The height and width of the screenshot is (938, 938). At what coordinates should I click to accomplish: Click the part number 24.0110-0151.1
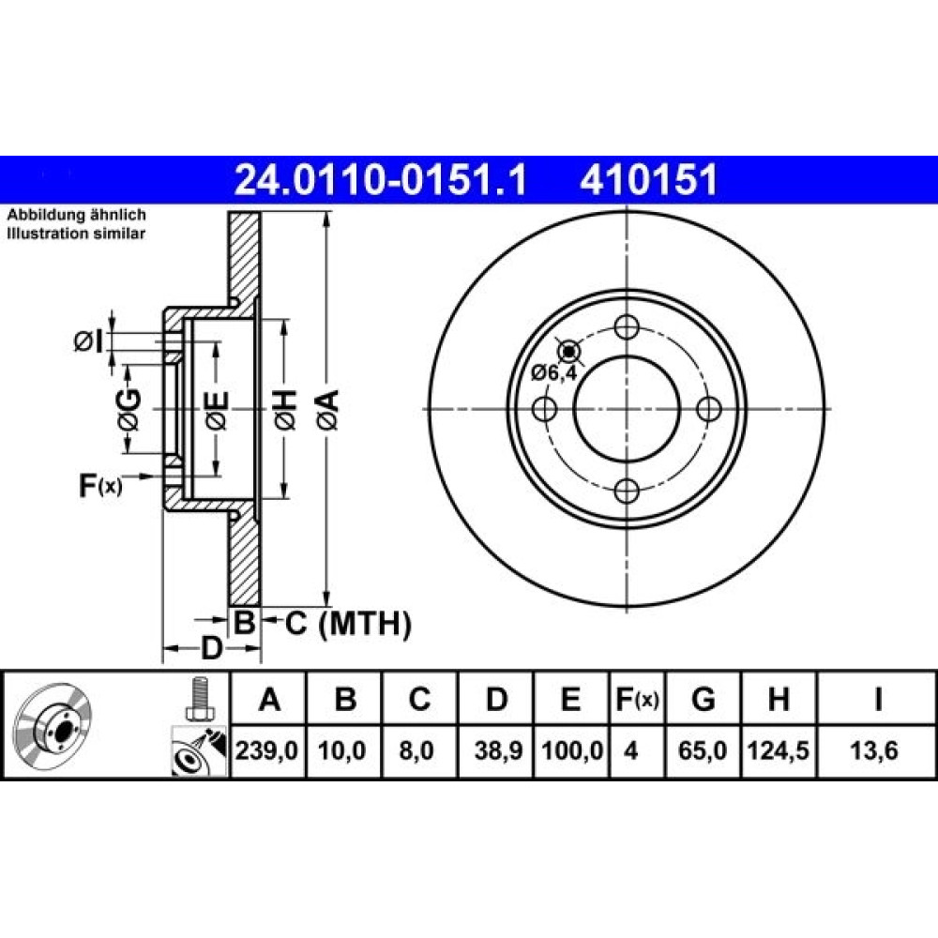[381, 179]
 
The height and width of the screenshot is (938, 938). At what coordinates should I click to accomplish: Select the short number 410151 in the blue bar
[648, 179]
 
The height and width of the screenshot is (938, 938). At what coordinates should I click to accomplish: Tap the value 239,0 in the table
[266, 750]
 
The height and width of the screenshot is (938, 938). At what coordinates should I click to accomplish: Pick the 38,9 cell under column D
[498, 750]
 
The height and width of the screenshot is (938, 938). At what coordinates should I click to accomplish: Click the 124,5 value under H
[779, 750]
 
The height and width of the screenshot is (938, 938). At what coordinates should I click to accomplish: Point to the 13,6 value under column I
[874, 750]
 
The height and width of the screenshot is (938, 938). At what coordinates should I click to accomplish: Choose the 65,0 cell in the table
[703, 750]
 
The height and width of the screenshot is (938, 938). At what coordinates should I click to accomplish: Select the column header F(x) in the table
[637, 700]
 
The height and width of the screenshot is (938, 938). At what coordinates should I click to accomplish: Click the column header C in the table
[419, 700]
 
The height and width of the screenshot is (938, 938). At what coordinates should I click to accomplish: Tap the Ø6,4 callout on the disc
[554, 373]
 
